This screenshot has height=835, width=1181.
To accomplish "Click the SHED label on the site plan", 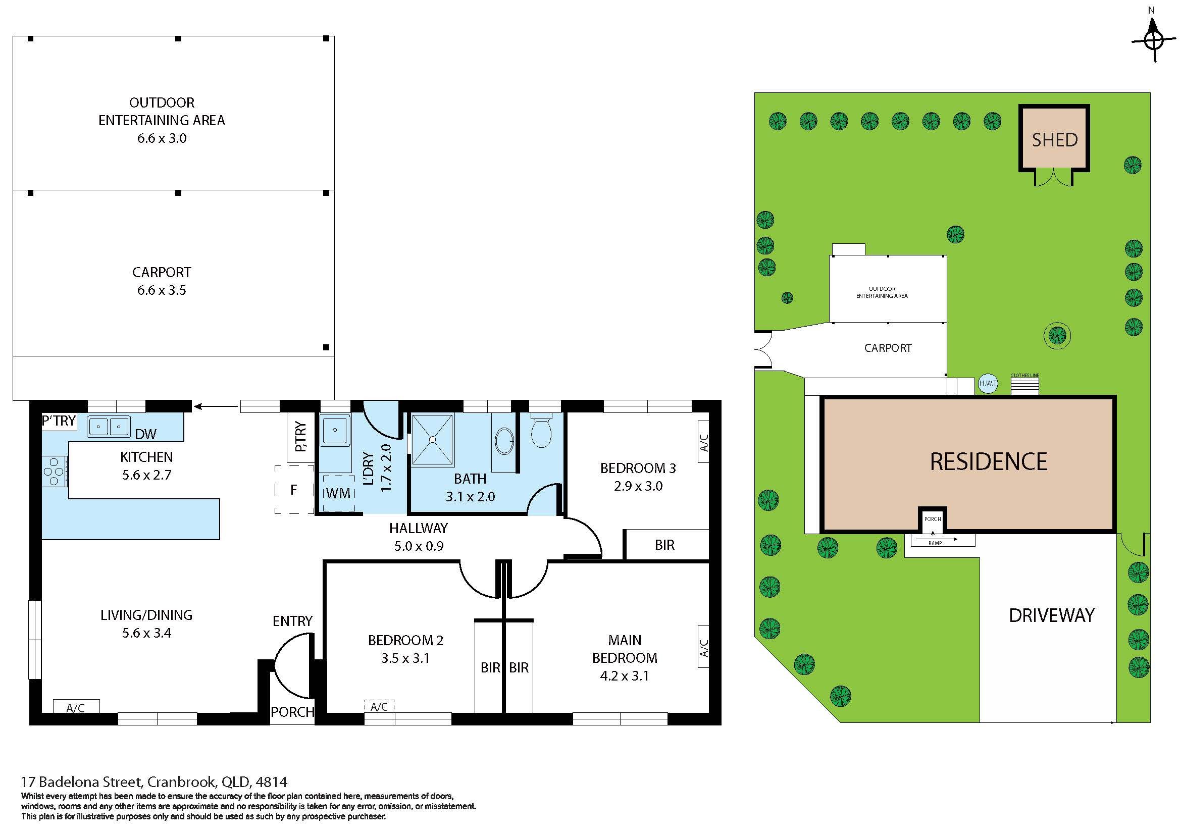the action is point(1054,140).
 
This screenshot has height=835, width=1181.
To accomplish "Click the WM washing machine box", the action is point(338,493).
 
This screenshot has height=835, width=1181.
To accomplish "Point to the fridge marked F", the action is point(294,490).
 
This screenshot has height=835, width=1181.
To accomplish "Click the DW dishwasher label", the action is point(145,435).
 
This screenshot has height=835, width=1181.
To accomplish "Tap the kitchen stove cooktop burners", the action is point(54,472).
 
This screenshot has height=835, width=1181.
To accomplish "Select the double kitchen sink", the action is point(109,427).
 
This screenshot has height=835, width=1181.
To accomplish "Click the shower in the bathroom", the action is point(433,440).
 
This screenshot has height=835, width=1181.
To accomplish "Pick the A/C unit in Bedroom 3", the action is point(703,442).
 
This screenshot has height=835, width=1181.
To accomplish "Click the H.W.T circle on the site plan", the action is point(988,384).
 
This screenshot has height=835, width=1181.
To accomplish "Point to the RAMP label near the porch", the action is point(935,543).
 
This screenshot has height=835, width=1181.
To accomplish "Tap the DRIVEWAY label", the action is point(1051,615).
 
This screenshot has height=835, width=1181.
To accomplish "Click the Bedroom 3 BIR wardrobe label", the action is point(664,545).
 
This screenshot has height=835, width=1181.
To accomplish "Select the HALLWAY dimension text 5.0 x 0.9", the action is point(419,546).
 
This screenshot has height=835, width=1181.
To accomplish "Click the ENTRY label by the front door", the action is point(293,621).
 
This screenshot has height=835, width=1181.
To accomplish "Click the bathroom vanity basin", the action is point(503,442).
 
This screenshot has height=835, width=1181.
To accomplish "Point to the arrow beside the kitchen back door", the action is point(217,407).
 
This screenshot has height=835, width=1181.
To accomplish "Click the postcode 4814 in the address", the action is point(271,782).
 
